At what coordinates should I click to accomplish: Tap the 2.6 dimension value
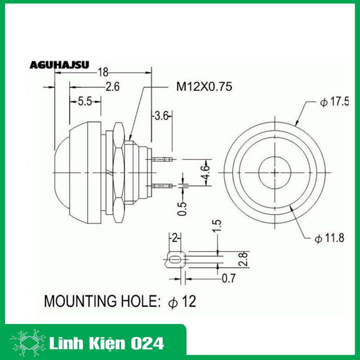pyautogui.click(x=112, y=87)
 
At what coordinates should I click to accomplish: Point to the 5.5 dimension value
pyautogui.click(x=84, y=101)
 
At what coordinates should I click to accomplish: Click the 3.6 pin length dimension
pyautogui.click(x=161, y=116)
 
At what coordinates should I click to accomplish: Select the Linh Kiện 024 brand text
pyautogui.click(x=107, y=343)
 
